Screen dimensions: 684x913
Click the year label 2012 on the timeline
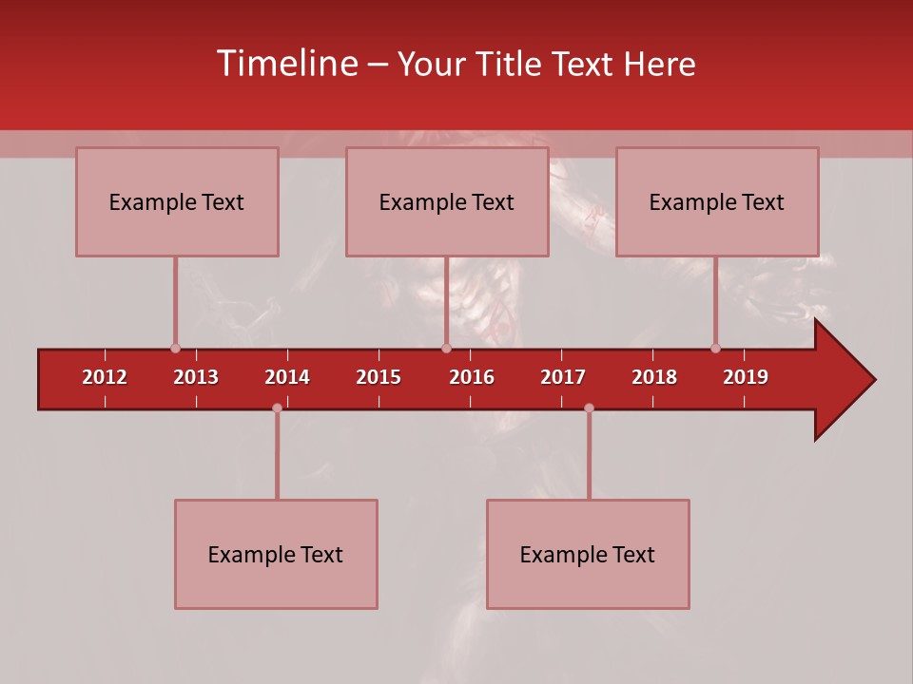105,377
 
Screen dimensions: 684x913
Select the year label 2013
196,377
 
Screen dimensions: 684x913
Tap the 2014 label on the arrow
287,377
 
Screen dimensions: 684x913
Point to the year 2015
379,377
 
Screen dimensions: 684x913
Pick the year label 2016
472,377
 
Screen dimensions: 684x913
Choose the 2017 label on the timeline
563,377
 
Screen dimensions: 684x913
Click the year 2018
654,377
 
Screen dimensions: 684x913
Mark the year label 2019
746,377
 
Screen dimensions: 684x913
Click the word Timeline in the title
286,64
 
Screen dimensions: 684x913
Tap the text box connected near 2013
177,202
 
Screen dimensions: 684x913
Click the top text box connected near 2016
447,202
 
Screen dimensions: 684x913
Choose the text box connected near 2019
717,202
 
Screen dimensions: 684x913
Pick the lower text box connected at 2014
276,555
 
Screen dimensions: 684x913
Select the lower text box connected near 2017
588,555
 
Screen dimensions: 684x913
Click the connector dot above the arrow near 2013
175,349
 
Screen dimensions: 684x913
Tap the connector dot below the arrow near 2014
277,408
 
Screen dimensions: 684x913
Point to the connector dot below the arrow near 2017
589,408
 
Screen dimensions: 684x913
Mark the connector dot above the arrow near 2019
715,349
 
